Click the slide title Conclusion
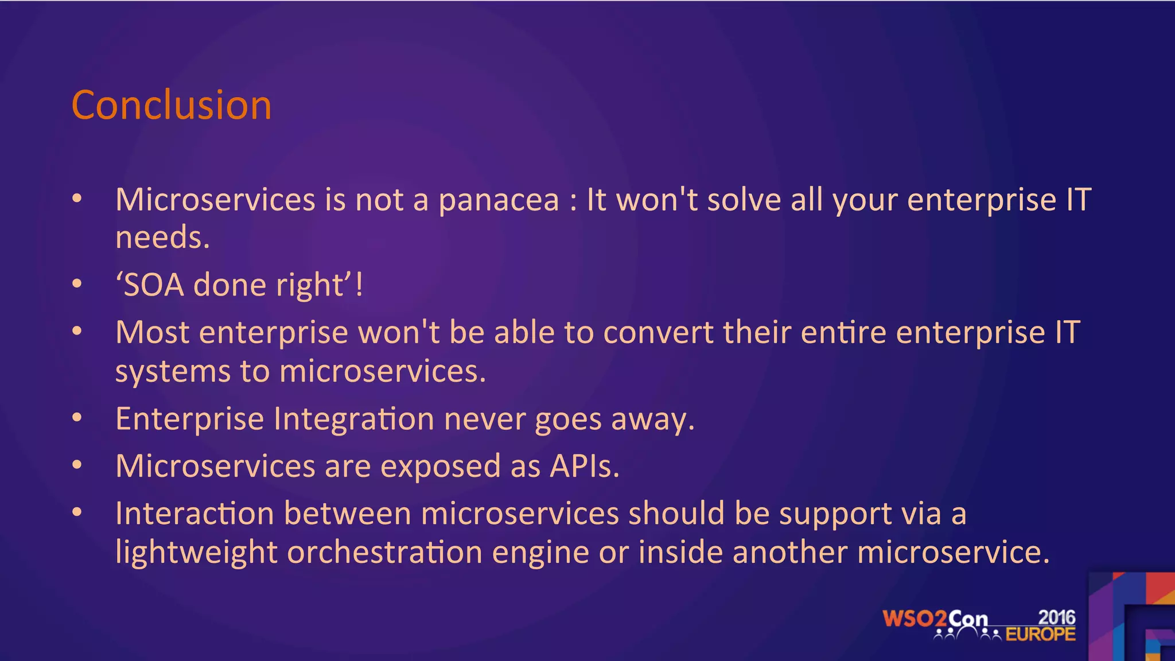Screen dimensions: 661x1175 [171, 106]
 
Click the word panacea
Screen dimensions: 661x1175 [498, 200]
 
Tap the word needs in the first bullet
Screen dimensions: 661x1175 [162, 238]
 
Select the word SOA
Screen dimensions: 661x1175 [154, 285]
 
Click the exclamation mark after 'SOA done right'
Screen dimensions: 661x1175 [359, 285]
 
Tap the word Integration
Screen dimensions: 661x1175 [353, 419]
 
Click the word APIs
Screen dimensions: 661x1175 [584, 466]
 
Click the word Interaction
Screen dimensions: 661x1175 [194, 513]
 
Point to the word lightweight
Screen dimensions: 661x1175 [196, 553]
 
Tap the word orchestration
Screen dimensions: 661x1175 [384, 552]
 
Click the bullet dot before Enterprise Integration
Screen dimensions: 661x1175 [77, 418]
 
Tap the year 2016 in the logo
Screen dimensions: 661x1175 [1056, 617]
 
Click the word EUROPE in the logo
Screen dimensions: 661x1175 [1040, 634]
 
